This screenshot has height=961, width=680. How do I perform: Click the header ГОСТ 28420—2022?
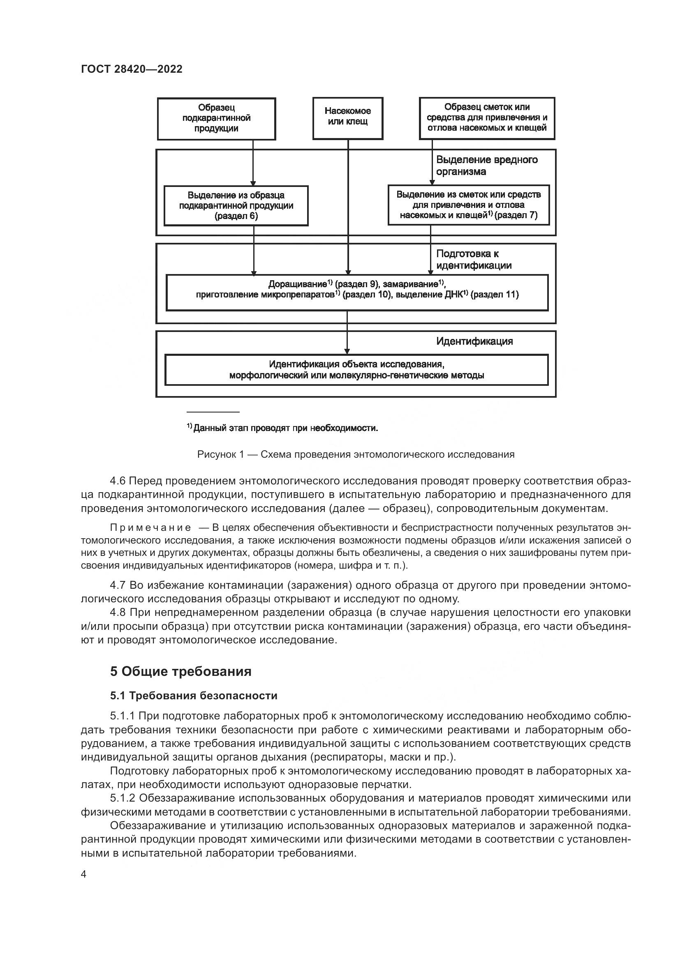click(132, 69)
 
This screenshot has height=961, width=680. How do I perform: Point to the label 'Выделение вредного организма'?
click(487, 166)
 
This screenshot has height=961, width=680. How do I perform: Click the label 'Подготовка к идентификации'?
click(474, 260)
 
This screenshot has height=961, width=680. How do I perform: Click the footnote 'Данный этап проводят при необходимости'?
click(282, 428)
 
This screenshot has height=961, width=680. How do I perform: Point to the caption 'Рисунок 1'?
click(356, 454)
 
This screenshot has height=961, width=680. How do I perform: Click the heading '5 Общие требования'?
click(181, 671)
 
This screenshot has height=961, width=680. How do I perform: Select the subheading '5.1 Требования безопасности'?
click(194, 696)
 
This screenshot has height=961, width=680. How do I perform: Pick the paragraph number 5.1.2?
click(123, 798)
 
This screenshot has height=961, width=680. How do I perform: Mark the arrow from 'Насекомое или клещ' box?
click(348, 207)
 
